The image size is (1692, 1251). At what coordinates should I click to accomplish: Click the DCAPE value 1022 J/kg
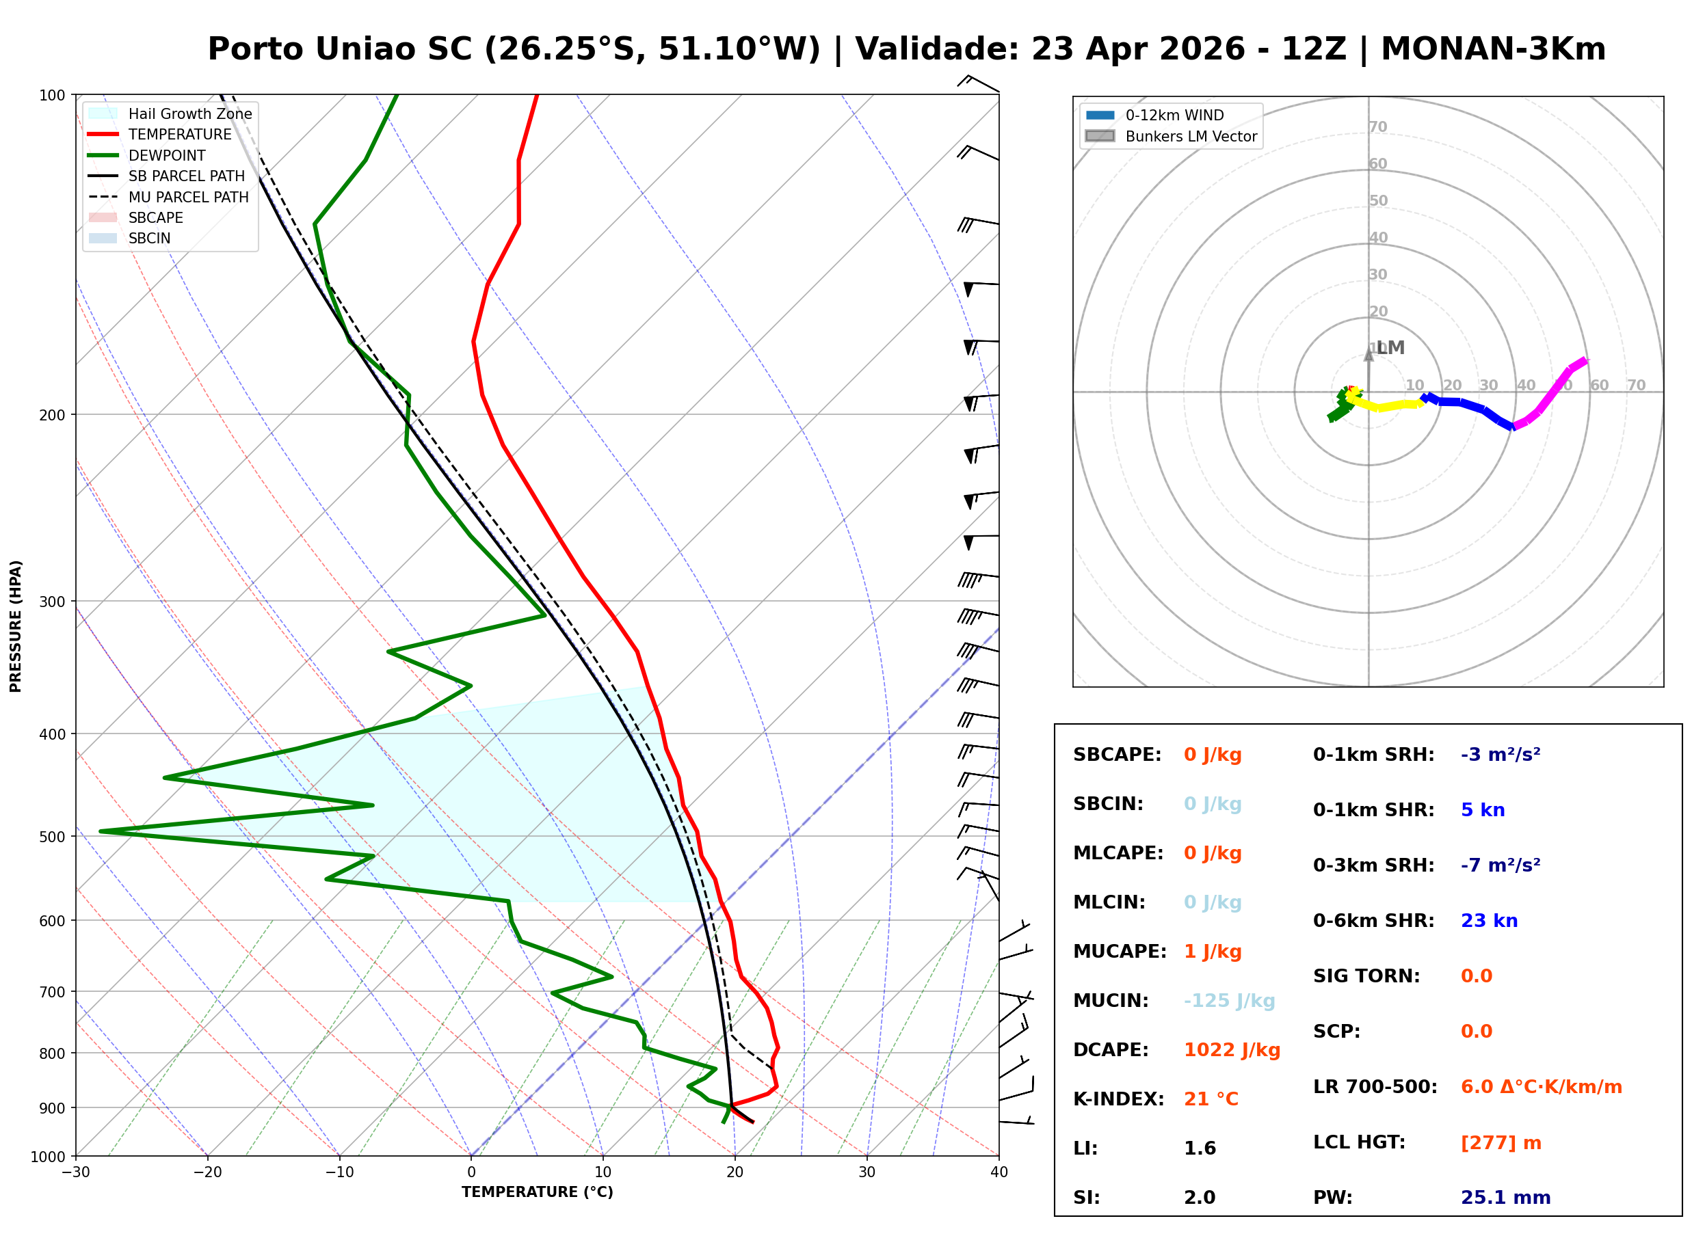[x=1232, y=1049]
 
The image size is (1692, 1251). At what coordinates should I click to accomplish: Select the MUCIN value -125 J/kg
[x=1228, y=1000]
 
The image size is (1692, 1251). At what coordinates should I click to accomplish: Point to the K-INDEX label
[x=1118, y=1099]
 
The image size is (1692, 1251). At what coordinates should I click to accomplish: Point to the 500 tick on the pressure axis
[x=54, y=836]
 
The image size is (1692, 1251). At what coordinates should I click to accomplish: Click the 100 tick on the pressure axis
[x=54, y=94]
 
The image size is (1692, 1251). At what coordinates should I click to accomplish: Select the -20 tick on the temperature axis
[x=207, y=1172]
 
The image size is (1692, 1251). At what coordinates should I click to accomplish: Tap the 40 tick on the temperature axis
[x=999, y=1172]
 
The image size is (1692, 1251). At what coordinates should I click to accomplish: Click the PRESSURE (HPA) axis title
[x=16, y=625]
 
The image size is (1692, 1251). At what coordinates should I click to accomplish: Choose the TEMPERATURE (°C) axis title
[x=537, y=1192]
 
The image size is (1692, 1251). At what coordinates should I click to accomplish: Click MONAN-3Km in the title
[x=1493, y=49]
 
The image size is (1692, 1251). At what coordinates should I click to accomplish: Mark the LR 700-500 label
[x=1374, y=1087]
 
